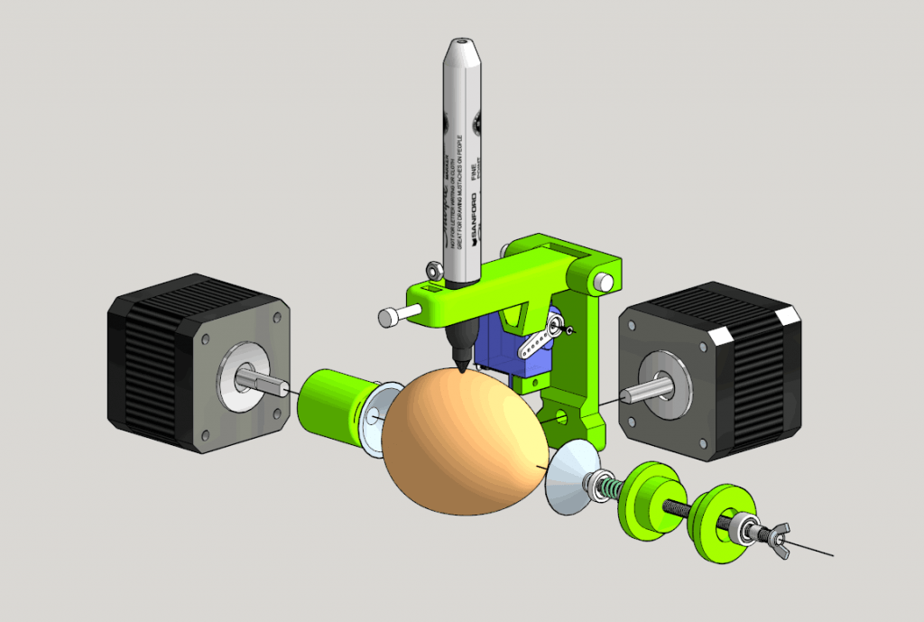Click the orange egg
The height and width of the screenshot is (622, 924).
pos(460,442)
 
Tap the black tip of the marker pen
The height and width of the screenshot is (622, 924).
pos(461,362)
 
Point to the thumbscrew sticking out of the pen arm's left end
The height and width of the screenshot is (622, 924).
pos(395,315)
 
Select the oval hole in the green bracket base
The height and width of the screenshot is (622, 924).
pos(561,417)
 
